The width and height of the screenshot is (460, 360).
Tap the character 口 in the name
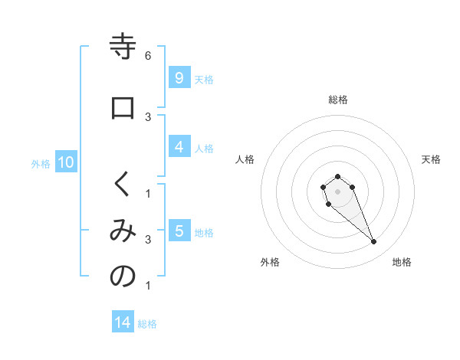pyautogui.click(x=123, y=108)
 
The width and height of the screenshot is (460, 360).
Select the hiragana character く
pyautogui.click(x=123, y=184)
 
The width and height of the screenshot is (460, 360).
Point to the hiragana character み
pyautogui.click(x=123, y=231)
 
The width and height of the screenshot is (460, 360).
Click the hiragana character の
pyautogui.click(x=123, y=277)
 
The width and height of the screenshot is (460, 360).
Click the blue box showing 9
pyautogui.click(x=178, y=78)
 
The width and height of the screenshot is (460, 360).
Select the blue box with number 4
pyautogui.click(x=178, y=147)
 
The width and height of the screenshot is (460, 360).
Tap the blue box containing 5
pyautogui.click(x=178, y=231)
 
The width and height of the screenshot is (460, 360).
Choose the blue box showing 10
pyautogui.click(x=65, y=162)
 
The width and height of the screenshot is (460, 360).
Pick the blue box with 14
pyautogui.click(x=123, y=323)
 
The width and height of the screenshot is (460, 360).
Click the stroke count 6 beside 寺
pyautogui.click(x=148, y=56)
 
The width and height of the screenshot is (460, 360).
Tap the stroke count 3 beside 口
pyautogui.click(x=148, y=116)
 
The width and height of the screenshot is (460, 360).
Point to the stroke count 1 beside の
pyautogui.click(x=148, y=286)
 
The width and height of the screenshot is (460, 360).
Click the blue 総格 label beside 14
pyautogui.click(x=147, y=324)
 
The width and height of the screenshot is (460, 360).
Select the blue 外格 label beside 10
pyautogui.click(x=41, y=163)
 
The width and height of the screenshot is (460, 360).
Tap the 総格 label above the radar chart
pyautogui.click(x=337, y=100)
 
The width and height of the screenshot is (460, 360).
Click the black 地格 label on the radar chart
pyautogui.click(x=402, y=262)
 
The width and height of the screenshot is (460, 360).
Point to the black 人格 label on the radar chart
pyautogui.click(x=245, y=159)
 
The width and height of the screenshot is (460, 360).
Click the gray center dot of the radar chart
pyautogui.click(x=337, y=191)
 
